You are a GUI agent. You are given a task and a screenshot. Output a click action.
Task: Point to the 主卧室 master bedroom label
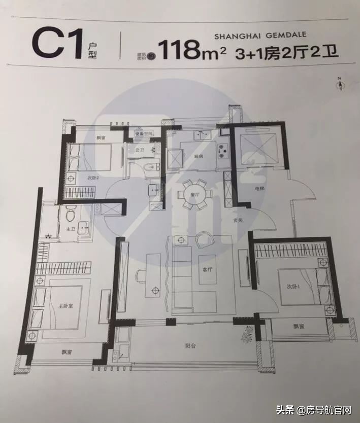coord(64,306)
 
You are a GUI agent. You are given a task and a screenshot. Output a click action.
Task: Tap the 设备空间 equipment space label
coord(144,134)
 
